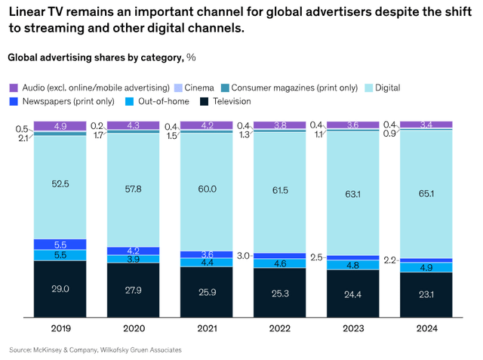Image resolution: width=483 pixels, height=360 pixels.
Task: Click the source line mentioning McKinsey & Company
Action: click(x=95, y=350)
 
